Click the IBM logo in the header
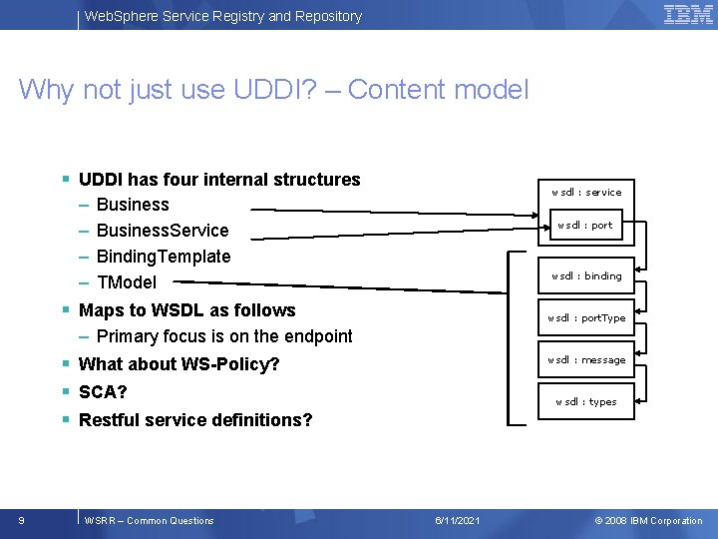click(688, 15)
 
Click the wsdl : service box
click(586, 192)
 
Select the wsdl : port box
click(585, 226)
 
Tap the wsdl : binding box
click(586, 275)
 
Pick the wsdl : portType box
click(586, 317)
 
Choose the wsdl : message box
click(586, 359)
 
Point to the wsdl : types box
click(586, 401)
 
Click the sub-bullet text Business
click(133, 205)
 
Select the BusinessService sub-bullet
click(163, 231)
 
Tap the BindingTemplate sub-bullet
click(164, 257)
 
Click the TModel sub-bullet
click(127, 282)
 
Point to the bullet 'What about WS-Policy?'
click(179, 364)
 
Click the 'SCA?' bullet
click(103, 392)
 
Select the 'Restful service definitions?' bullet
click(194, 420)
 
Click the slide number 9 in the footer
click(22, 520)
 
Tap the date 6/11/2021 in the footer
click(458, 521)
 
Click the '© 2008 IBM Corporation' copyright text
click(648, 521)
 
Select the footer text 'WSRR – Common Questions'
click(150, 521)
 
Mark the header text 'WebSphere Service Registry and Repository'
click(223, 16)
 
